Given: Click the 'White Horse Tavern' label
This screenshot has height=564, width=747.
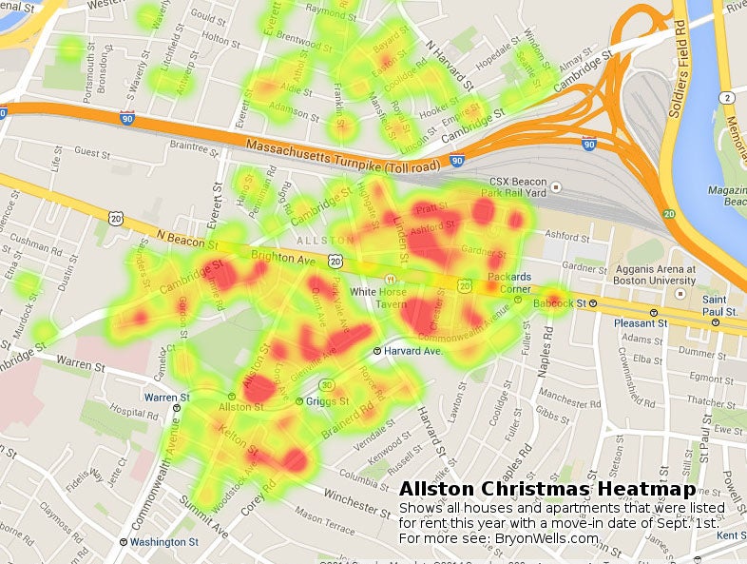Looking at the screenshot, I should [378, 298].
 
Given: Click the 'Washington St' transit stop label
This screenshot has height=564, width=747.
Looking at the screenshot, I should [163, 542].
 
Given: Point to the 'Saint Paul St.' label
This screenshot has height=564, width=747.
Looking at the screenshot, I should [719, 305].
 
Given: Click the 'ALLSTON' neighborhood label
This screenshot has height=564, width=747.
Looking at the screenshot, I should [313, 242].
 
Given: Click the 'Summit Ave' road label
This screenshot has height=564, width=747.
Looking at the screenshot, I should [220, 516].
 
